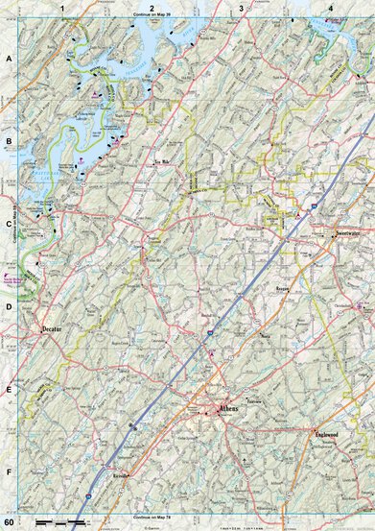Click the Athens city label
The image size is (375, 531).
227,408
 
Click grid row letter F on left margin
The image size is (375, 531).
8,473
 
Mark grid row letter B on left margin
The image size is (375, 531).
8,141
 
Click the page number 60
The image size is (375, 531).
9,521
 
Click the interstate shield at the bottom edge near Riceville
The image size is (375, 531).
84,498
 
